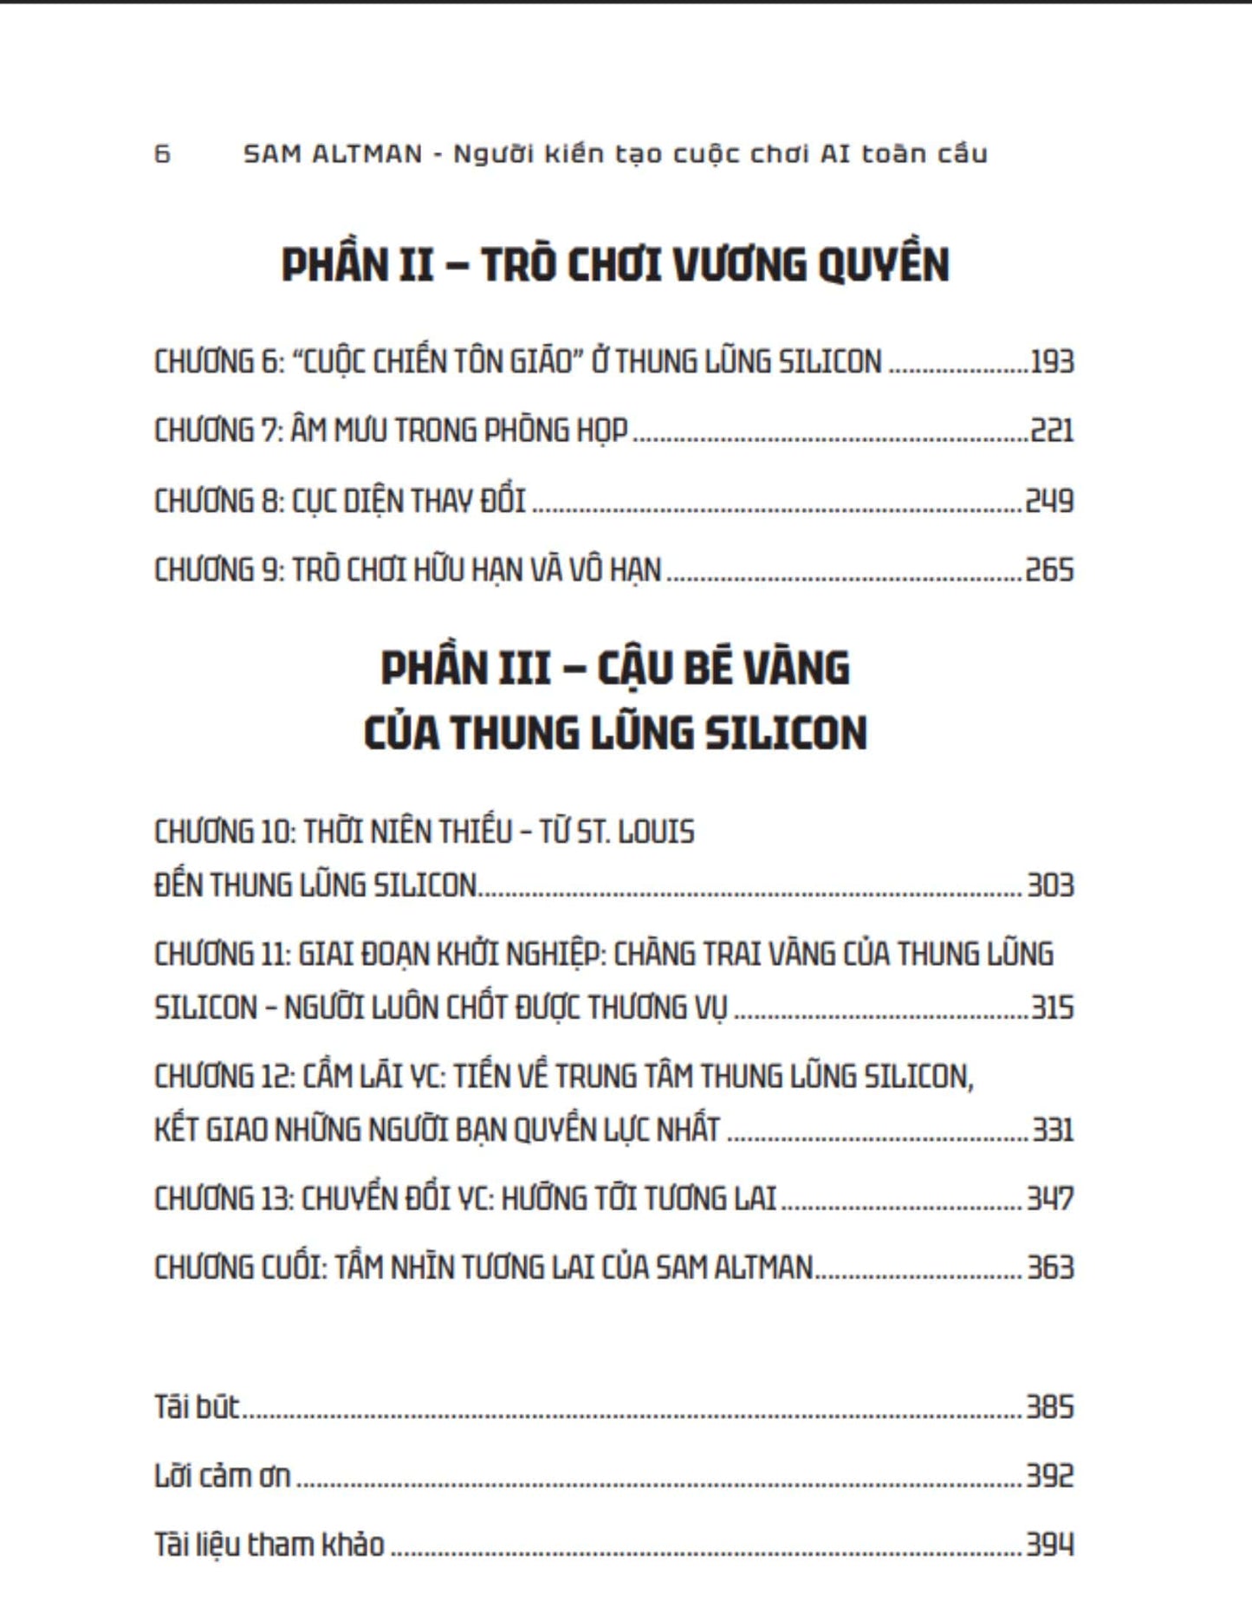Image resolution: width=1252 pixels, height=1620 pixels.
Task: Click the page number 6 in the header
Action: click(x=162, y=154)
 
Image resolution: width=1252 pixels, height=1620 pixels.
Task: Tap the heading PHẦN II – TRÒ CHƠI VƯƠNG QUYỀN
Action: click(x=615, y=264)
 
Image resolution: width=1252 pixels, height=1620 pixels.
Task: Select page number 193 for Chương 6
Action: click(x=1052, y=361)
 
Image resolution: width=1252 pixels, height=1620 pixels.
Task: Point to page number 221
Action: click(x=1052, y=431)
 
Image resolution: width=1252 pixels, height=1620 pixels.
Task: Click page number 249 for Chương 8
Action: click(x=1049, y=501)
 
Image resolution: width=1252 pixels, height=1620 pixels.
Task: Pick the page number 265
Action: click(x=1049, y=570)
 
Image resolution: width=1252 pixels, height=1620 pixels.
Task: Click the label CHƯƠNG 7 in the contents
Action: click(x=217, y=431)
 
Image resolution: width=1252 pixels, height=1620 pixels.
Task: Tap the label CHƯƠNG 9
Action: click(x=217, y=570)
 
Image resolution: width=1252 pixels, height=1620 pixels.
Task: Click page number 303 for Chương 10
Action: click(x=1050, y=885)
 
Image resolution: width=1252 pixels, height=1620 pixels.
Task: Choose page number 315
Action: click(x=1052, y=1008)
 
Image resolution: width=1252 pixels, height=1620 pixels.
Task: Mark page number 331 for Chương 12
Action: click(x=1052, y=1130)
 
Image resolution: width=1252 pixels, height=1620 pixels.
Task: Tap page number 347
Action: click(x=1050, y=1199)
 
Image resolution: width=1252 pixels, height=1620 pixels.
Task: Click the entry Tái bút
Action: click(x=196, y=1407)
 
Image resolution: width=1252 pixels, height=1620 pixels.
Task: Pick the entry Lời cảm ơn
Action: click(x=222, y=1476)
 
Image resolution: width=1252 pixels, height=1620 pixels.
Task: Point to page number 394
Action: click(x=1050, y=1545)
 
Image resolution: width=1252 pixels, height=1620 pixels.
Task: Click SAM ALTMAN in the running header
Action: click(x=333, y=154)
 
